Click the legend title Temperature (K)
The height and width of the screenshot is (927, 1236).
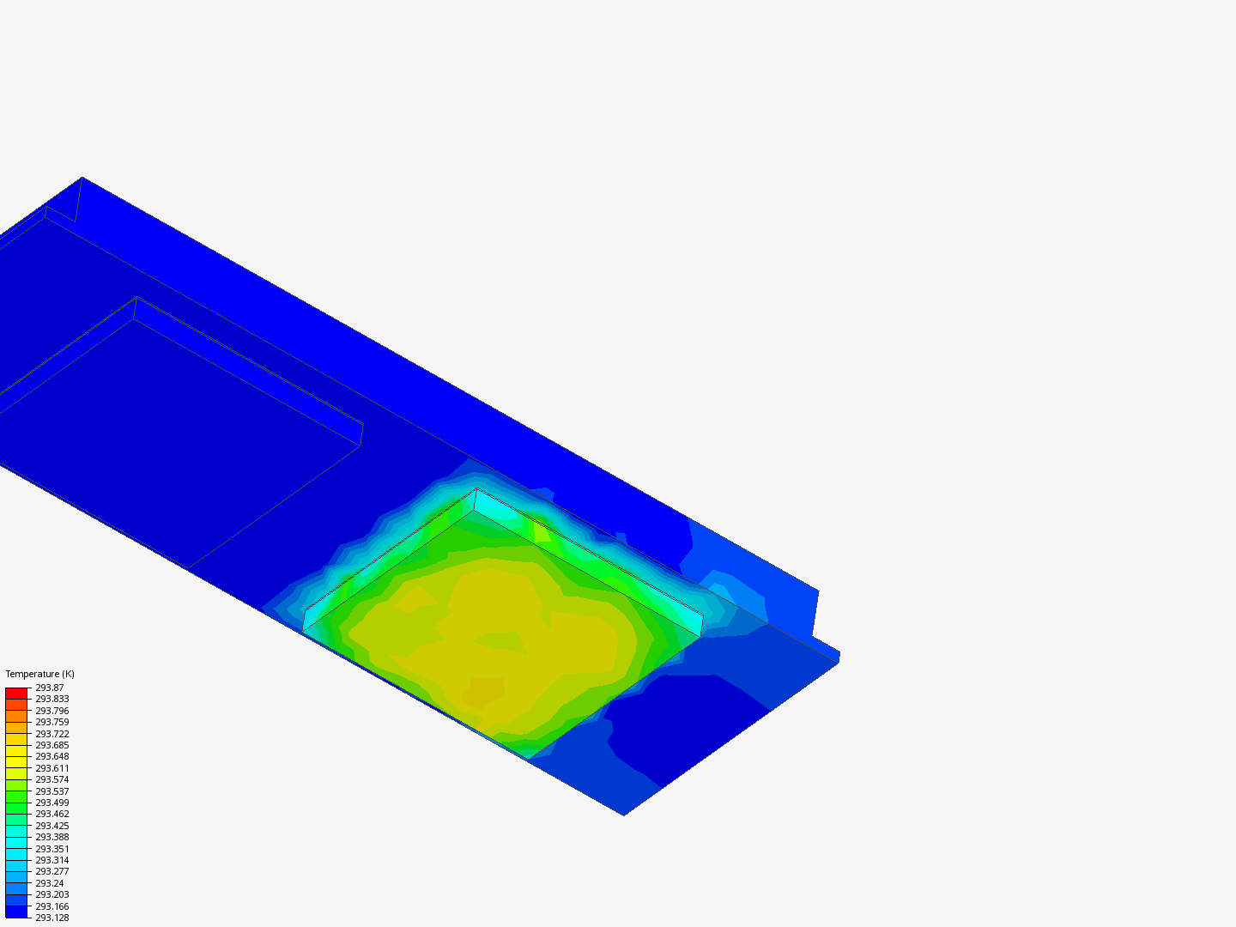[x=39, y=674]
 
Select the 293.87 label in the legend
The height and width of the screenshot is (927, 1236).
[x=50, y=688]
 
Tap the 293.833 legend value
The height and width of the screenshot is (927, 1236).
[x=51, y=699]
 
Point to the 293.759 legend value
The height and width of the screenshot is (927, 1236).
[x=51, y=722]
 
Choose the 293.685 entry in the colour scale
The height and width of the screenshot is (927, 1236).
[x=51, y=745]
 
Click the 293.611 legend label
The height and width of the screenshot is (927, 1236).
[x=51, y=768]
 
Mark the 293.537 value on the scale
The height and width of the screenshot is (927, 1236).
[x=51, y=791]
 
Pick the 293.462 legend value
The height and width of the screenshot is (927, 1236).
[x=51, y=814]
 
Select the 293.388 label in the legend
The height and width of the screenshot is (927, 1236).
[x=51, y=837]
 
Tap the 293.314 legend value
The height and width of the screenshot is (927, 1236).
[x=51, y=860]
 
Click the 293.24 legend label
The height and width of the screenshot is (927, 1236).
[x=50, y=883]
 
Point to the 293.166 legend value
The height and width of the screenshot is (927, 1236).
[x=51, y=906]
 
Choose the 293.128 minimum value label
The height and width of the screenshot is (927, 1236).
[x=51, y=918]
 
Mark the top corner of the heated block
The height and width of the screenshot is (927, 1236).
[x=477, y=489]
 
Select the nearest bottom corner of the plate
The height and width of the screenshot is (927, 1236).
[x=624, y=815]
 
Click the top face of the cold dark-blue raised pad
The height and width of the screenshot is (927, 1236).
[x=172, y=429]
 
